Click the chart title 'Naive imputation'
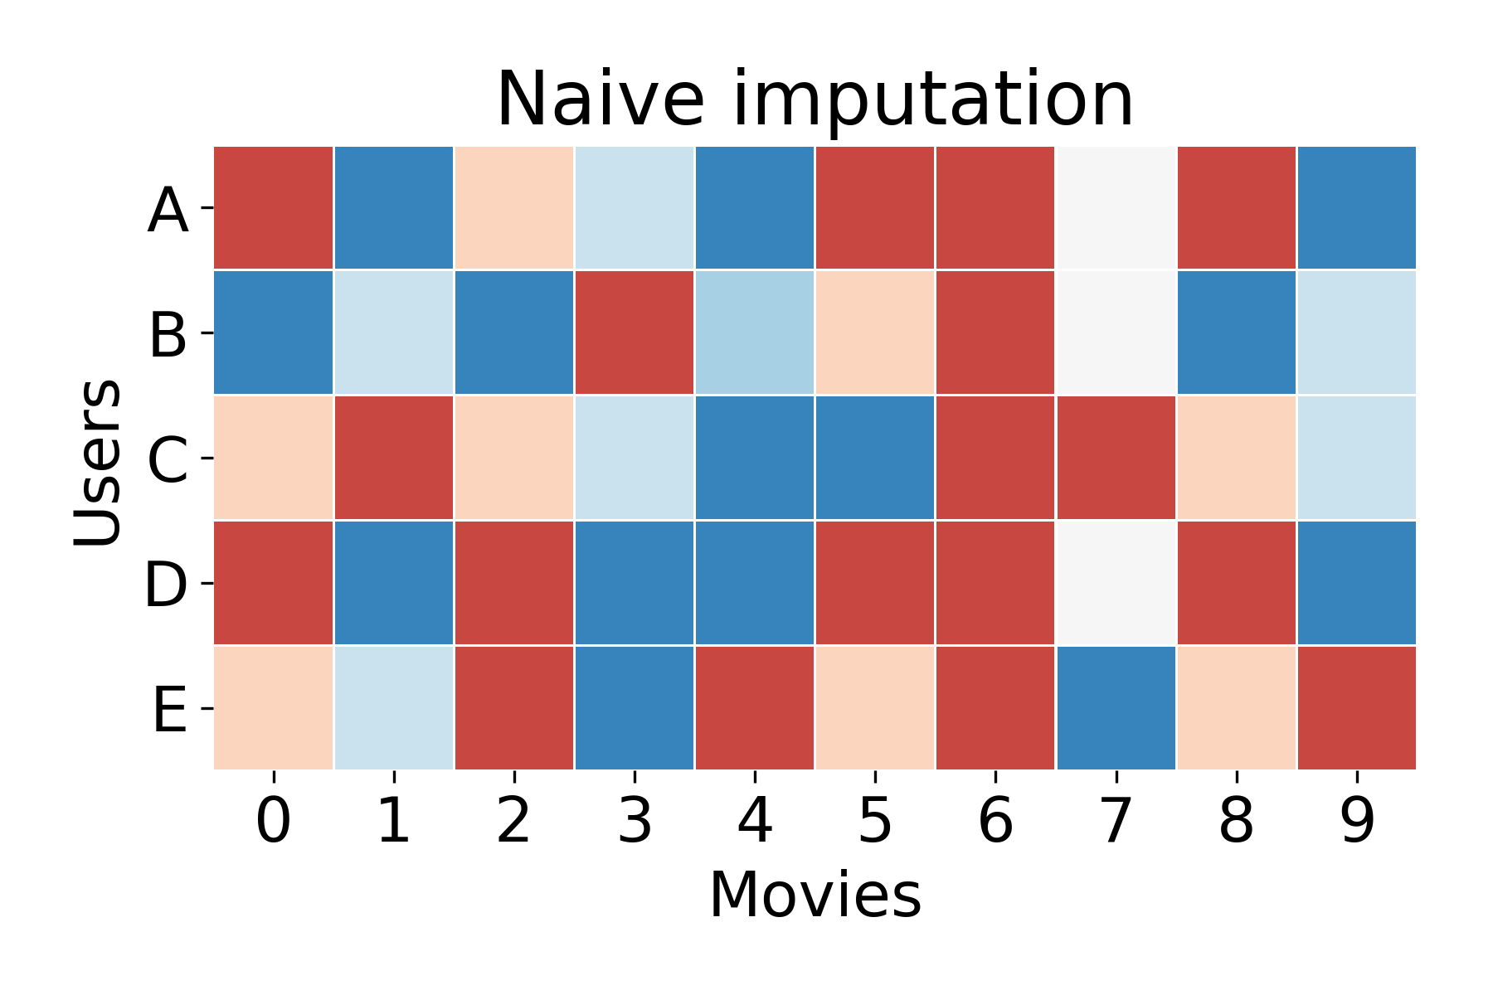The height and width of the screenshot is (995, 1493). (x=815, y=99)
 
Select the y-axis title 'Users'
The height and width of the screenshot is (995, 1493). (x=97, y=462)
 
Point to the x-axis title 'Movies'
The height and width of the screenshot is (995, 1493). (x=815, y=895)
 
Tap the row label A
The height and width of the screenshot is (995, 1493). (x=168, y=210)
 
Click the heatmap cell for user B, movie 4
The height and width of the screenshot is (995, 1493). (x=755, y=332)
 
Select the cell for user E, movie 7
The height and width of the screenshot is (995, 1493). (x=1116, y=707)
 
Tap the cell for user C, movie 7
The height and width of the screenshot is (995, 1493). (x=1116, y=458)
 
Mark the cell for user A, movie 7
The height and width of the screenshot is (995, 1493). (x=1116, y=208)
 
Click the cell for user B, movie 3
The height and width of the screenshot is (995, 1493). (x=635, y=332)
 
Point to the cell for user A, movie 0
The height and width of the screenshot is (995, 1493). (x=274, y=208)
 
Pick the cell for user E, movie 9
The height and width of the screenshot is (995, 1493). (x=1357, y=707)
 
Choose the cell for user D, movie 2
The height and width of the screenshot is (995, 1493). (x=514, y=582)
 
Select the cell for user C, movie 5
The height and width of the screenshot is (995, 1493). (x=875, y=458)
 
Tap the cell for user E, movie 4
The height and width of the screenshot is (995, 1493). (x=755, y=707)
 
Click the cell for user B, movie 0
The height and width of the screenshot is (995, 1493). (x=274, y=332)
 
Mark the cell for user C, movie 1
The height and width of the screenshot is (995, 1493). (x=394, y=458)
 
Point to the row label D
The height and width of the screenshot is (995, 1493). (x=166, y=585)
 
